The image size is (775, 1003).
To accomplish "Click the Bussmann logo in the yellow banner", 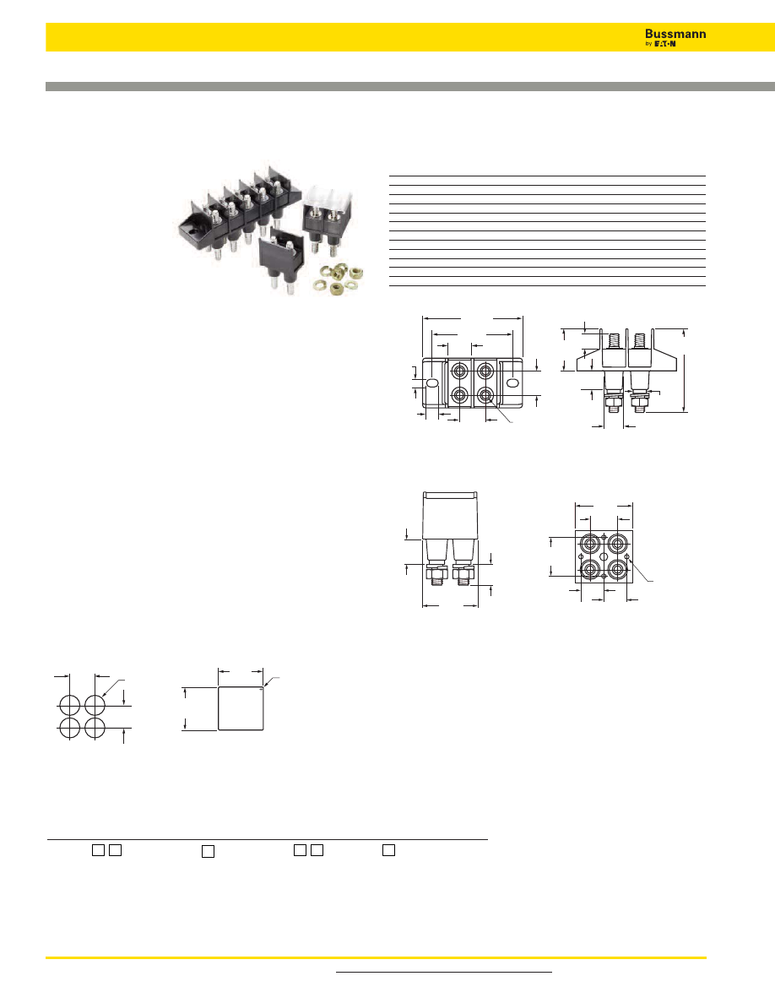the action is [675, 37].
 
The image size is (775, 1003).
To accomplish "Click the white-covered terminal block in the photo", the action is [328, 216].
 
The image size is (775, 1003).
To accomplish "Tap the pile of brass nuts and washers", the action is [338, 279].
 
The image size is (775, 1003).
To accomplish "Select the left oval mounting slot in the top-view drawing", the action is [432, 383].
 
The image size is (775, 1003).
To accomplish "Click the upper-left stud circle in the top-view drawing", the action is [460, 371].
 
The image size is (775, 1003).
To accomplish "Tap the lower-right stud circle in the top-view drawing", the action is [485, 394].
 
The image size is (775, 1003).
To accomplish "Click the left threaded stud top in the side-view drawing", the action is [615, 340].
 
